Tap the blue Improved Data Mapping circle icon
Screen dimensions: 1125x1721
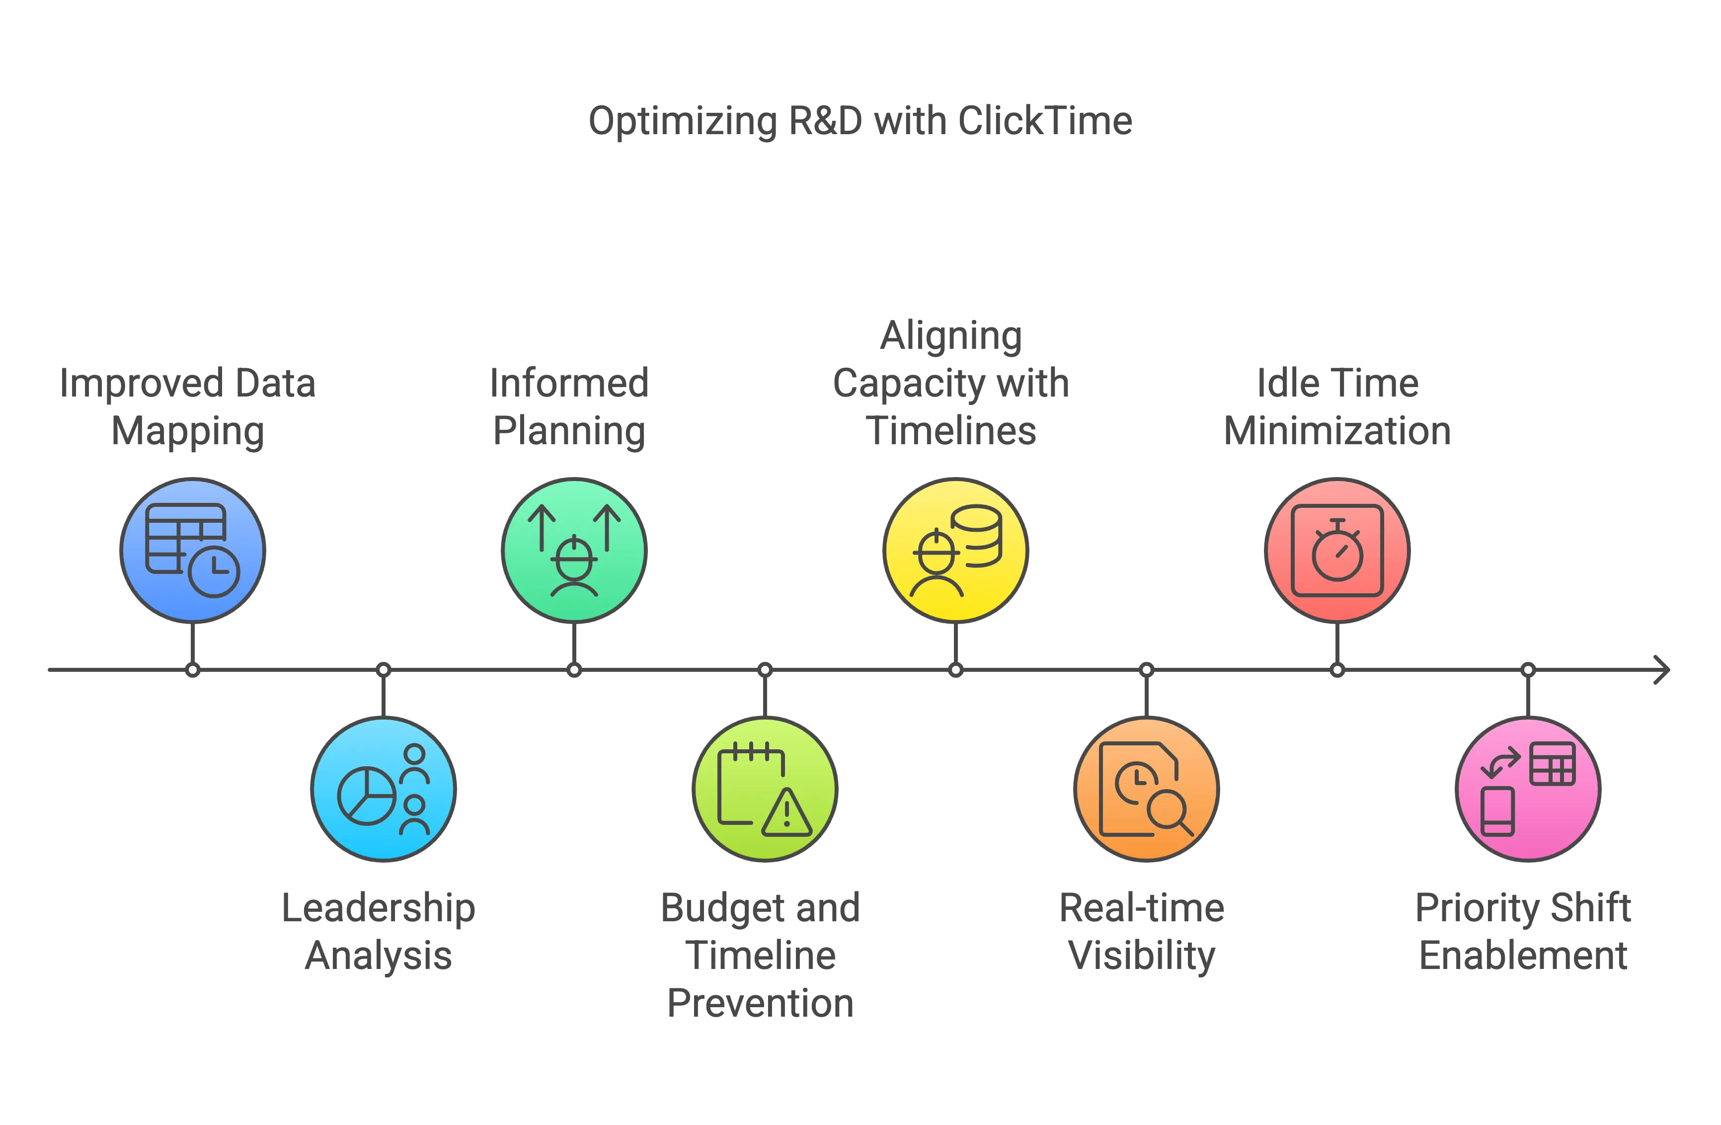click(192, 550)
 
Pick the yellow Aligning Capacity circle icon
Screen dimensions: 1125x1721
click(955, 550)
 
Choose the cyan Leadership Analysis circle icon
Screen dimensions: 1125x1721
click(383, 789)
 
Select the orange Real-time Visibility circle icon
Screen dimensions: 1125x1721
click(1146, 789)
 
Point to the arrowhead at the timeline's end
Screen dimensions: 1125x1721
click(1663, 669)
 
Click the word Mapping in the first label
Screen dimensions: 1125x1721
click(187, 432)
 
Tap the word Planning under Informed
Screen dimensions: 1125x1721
click(569, 432)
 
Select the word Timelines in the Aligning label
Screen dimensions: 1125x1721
click(951, 432)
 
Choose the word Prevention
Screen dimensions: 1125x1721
click(760, 1004)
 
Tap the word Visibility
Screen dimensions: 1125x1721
click(1142, 956)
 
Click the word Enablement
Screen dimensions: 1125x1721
click(1523, 956)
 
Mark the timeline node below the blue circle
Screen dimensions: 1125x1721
click(192, 669)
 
